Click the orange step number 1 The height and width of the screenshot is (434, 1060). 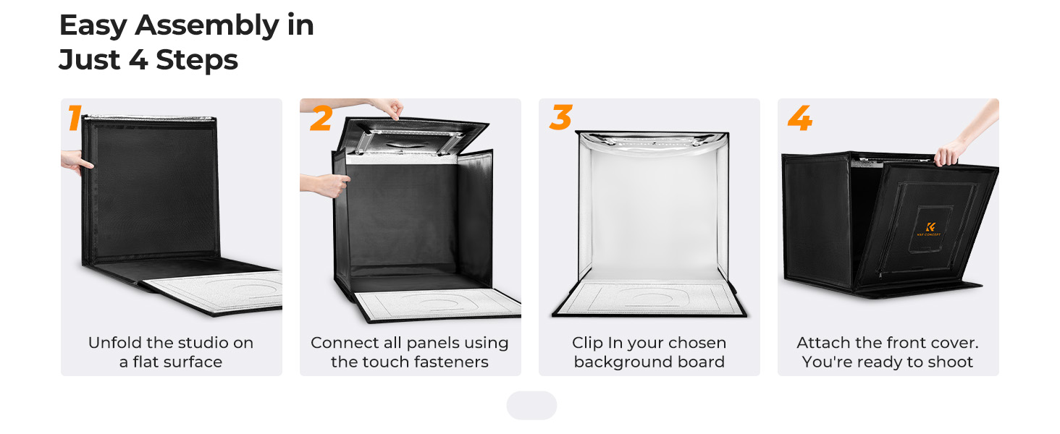(x=75, y=118)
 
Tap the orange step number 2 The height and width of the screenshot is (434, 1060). (x=321, y=118)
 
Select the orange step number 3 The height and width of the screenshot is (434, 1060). (x=560, y=117)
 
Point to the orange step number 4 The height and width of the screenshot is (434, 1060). (x=800, y=118)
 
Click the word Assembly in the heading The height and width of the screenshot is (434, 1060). (x=207, y=26)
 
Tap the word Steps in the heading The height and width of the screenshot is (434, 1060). (x=196, y=60)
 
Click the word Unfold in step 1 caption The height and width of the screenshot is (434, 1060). (x=115, y=342)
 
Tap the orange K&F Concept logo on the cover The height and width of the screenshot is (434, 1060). (x=929, y=229)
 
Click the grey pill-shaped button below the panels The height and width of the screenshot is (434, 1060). (x=531, y=405)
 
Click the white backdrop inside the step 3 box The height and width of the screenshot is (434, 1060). (x=653, y=213)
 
